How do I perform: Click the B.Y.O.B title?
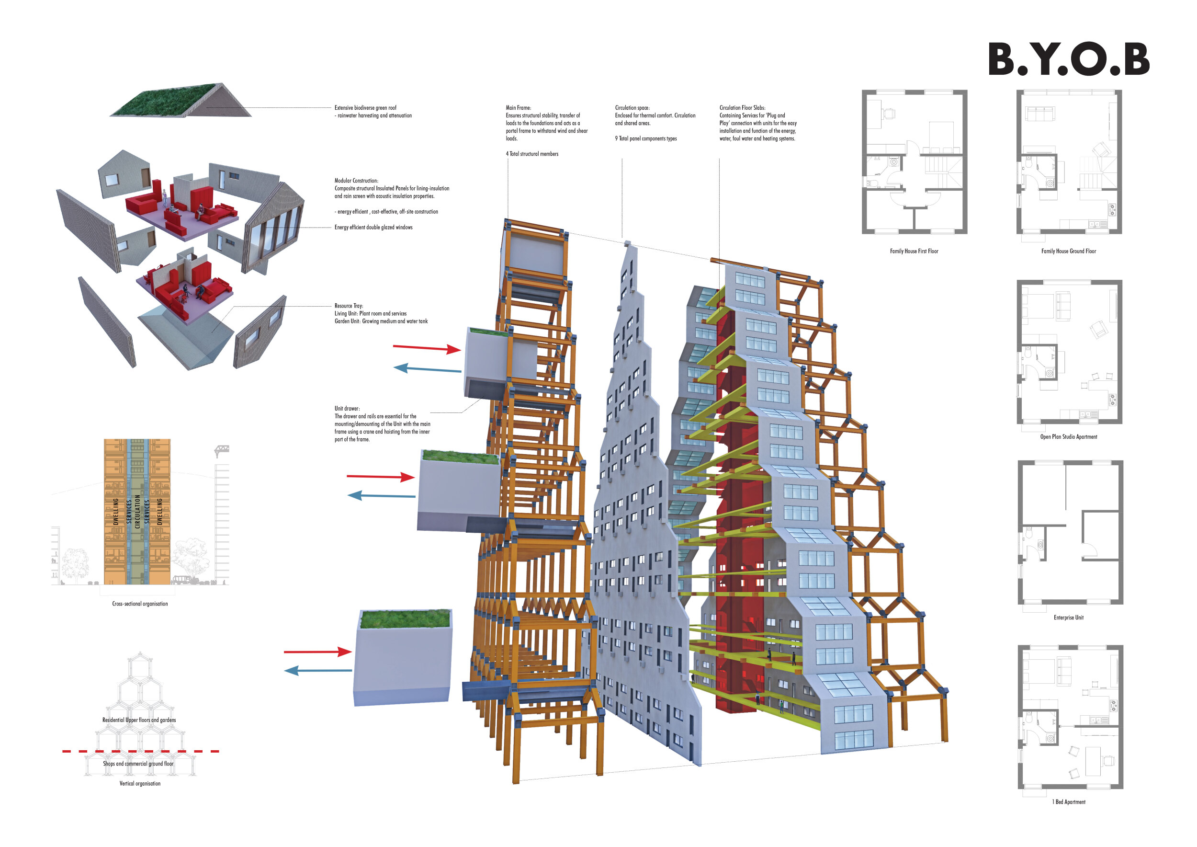(x=1068, y=59)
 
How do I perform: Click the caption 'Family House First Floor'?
(x=914, y=252)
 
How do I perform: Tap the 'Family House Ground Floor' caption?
(x=1068, y=252)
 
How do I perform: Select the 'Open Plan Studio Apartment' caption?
(x=1068, y=437)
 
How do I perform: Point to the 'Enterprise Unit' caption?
(x=1068, y=618)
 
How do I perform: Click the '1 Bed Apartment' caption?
(x=1068, y=802)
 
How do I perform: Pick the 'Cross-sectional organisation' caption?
(x=140, y=604)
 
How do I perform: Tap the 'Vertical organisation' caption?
(x=140, y=784)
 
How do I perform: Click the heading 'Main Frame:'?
(x=518, y=108)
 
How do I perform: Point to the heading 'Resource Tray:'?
(x=349, y=306)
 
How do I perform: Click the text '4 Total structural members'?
(x=532, y=154)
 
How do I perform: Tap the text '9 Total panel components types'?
(x=645, y=139)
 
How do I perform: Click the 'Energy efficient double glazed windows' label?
(x=373, y=228)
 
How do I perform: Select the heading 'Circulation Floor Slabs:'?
(x=742, y=108)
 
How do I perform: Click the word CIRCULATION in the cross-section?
(x=137, y=512)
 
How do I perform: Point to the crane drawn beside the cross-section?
(x=222, y=450)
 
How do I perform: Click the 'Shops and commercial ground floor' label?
(x=138, y=764)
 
